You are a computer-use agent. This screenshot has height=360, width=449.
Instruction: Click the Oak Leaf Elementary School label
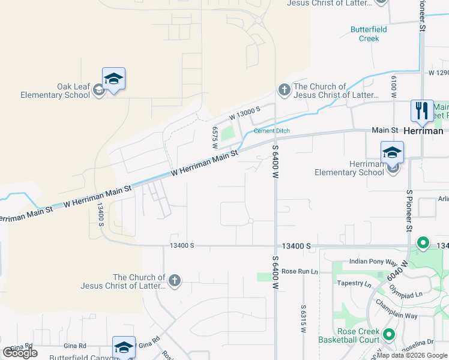coord(55,91)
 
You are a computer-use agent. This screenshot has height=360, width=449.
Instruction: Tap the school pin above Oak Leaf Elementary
coord(113,79)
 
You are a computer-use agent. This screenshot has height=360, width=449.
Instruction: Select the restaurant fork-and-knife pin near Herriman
coord(422,111)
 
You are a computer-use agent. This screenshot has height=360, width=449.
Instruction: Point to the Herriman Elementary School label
coord(349,169)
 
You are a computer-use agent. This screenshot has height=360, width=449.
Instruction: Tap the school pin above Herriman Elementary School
coord(392,152)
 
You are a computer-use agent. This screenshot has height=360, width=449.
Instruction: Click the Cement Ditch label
coord(271,131)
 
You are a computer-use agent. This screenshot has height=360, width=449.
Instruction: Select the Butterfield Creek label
coord(369,34)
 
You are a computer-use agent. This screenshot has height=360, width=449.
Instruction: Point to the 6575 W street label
coord(214,134)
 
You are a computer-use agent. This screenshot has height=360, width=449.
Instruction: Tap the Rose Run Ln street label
coord(299,272)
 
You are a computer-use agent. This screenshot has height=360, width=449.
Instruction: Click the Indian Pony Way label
coord(373,263)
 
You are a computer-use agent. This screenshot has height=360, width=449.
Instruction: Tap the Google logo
coord(20,353)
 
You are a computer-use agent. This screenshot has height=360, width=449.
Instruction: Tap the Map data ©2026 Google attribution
coord(412,355)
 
